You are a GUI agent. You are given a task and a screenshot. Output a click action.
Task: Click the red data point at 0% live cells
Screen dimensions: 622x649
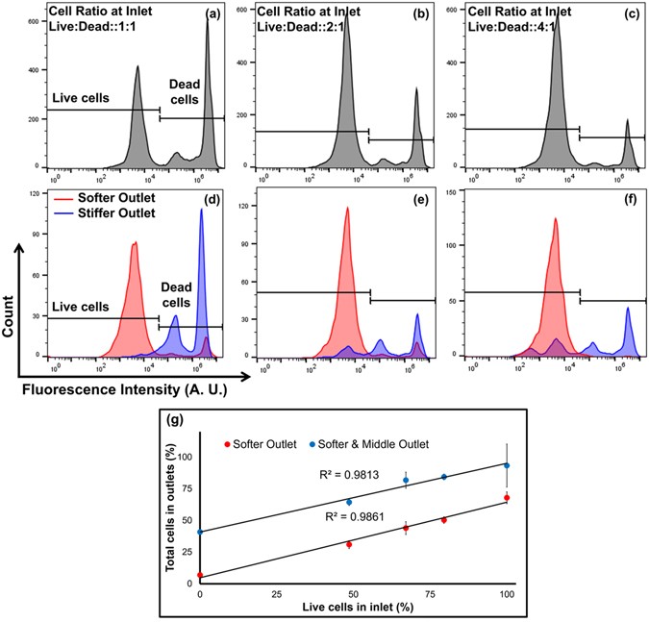click(200, 575)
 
